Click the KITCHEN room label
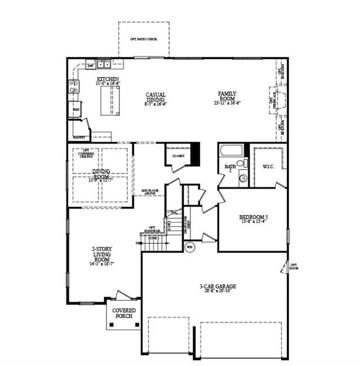coord(108,79)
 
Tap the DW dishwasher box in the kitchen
coord(91,66)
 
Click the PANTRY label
coord(79,137)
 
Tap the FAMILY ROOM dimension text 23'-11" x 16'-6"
coord(227,103)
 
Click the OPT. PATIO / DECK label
coord(144,39)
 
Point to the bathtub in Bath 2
coord(232,151)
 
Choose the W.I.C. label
coord(268,166)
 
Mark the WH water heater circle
coord(189,247)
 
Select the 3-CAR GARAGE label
coord(217,287)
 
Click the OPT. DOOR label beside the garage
coord(294,266)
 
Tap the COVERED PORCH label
coord(123,313)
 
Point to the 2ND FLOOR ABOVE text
coord(149,193)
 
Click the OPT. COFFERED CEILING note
coord(86,153)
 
